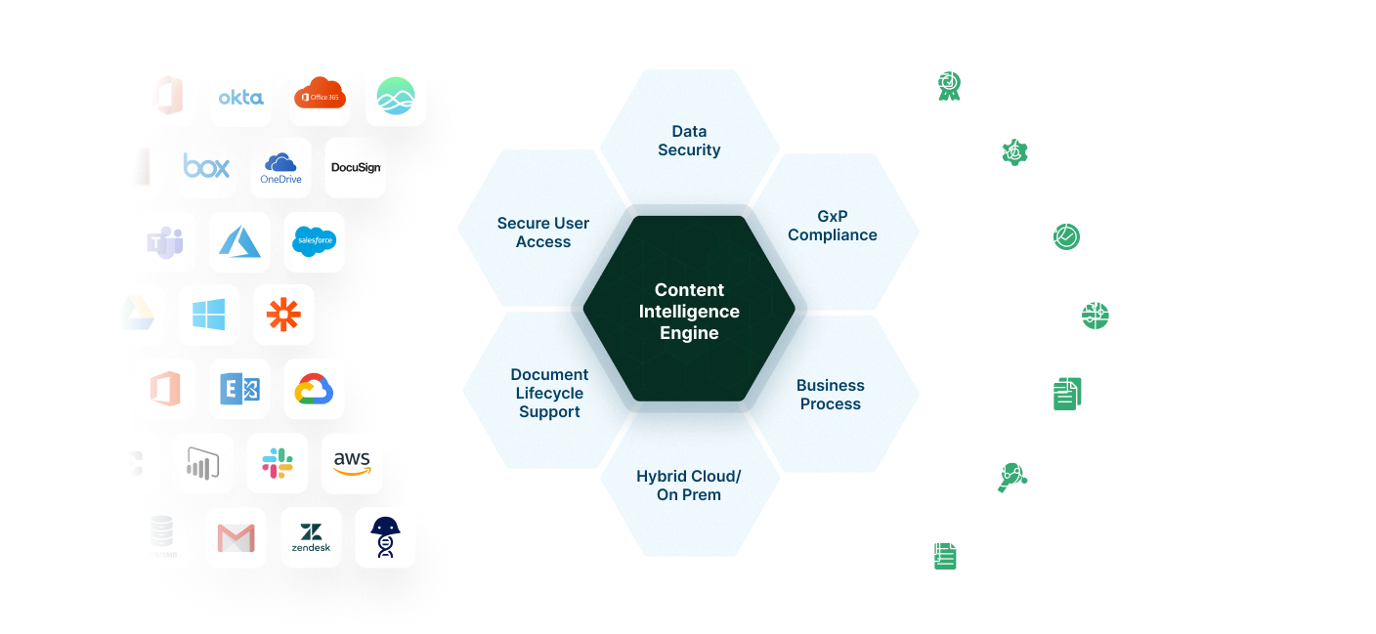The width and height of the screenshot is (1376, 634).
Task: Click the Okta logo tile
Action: (x=240, y=96)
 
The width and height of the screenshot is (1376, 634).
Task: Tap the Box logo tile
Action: (x=206, y=167)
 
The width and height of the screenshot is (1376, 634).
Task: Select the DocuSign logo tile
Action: (x=356, y=167)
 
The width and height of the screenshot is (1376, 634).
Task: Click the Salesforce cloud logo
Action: (x=315, y=241)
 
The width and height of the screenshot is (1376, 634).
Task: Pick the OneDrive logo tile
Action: (x=280, y=167)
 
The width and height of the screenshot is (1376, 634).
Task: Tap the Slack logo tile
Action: (x=277, y=463)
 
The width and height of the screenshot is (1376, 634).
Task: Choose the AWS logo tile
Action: (x=352, y=463)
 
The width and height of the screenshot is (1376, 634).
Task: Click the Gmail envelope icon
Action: (x=236, y=537)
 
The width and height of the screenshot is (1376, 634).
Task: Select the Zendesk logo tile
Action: (x=311, y=537)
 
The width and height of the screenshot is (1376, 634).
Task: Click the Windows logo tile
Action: (x=209, y=315)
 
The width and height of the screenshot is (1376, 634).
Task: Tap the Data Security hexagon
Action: (x=689, y=141)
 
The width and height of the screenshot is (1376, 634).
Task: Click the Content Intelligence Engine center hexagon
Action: (x=689, y=312)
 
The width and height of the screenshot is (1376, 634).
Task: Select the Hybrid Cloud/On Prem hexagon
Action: (x=689, y=486)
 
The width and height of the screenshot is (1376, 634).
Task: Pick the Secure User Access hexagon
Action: (x=542, y=232)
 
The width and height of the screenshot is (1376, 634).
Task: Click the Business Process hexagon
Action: (x=831, y=395)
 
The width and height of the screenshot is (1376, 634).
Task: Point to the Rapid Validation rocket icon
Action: (x=1007, y=147)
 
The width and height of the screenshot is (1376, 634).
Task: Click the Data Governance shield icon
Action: (x=1057, y=230)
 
